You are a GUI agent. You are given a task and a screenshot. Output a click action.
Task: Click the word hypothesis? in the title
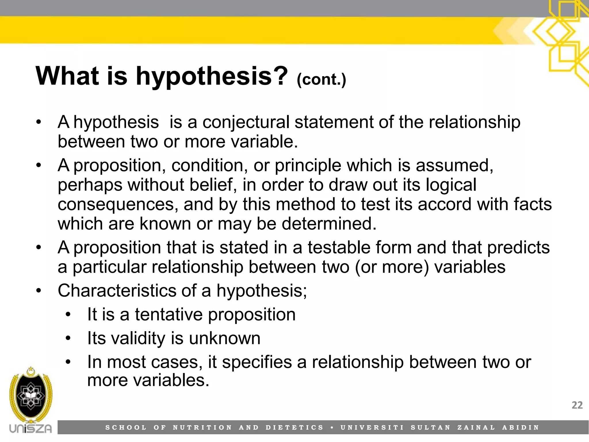coord(212,76)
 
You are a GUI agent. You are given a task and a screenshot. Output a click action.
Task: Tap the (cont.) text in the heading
coord(321,79)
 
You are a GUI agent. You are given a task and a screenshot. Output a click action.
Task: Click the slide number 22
coord(577,405)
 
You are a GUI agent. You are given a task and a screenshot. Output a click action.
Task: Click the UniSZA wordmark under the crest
coord(30,428)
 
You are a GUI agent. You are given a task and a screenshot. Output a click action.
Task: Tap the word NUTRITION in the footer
coord(202,428)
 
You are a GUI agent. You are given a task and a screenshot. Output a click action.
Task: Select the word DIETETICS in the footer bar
coord(294,428)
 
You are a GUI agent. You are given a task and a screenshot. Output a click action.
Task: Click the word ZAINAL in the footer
coord(476,428)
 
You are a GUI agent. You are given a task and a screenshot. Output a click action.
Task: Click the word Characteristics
coord(117,290)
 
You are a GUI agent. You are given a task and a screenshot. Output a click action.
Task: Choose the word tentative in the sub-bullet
coord(169,314)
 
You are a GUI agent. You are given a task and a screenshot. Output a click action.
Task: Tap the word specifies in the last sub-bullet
coord(257,362)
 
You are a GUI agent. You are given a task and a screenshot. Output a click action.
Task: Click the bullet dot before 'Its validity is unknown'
coord(68,338)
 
